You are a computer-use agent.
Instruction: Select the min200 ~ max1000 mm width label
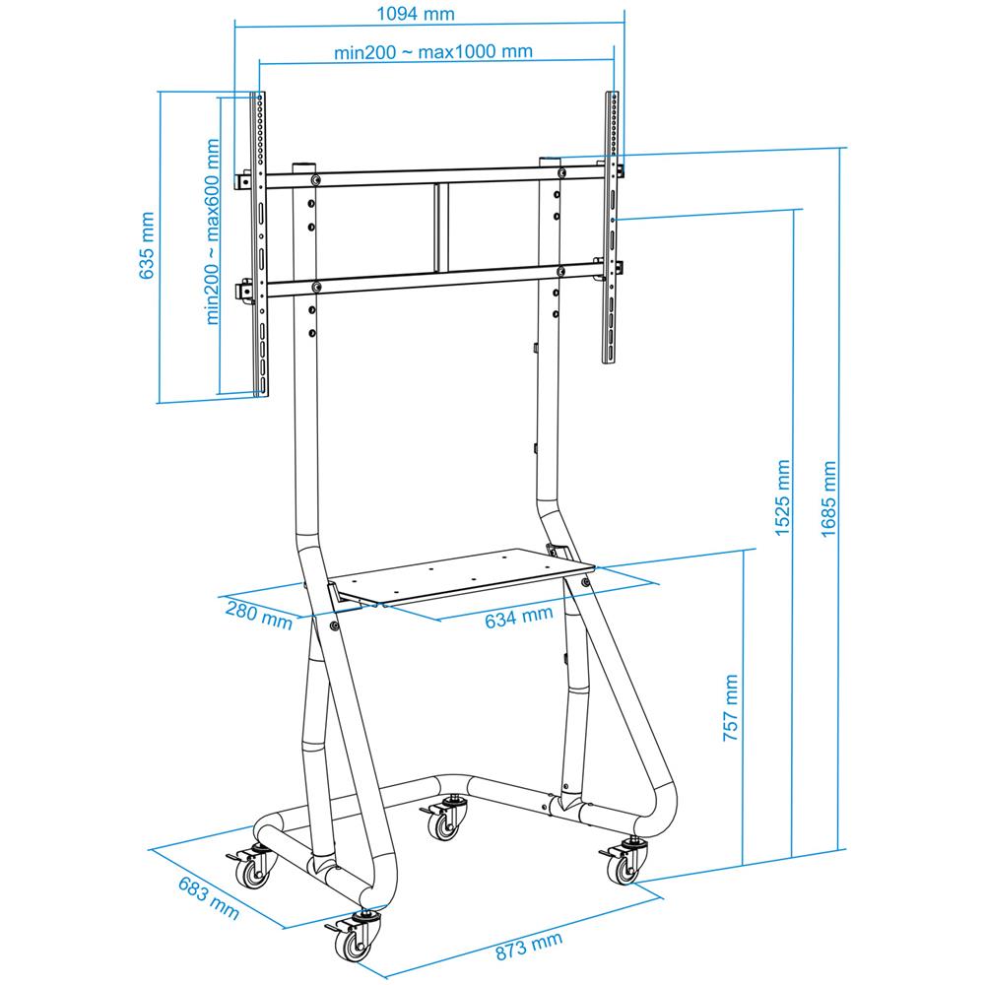coord(433,52)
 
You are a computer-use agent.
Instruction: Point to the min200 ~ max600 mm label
coord(213,232)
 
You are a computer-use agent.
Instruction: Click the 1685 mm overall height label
coord(828,498)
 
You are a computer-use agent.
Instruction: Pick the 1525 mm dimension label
coord(782,498)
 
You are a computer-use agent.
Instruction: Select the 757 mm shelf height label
coord(730,707)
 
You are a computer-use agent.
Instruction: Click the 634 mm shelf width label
coord(518,618)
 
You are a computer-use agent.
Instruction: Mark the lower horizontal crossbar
coord(433,279)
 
